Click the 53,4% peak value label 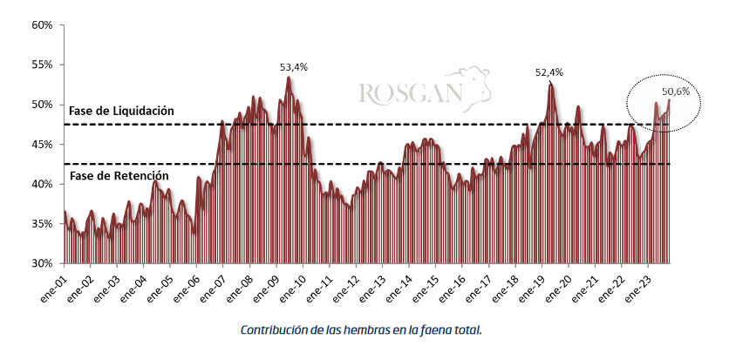pos(293,66)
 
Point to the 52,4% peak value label pos(548,72)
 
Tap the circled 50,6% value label pos(675,91)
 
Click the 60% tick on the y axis pos(42,24)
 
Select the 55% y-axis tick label pos(42,65)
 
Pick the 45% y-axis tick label pos(42,144)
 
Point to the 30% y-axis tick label pos(42,263)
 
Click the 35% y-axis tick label pos(42,223)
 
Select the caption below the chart pos(360,330)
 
